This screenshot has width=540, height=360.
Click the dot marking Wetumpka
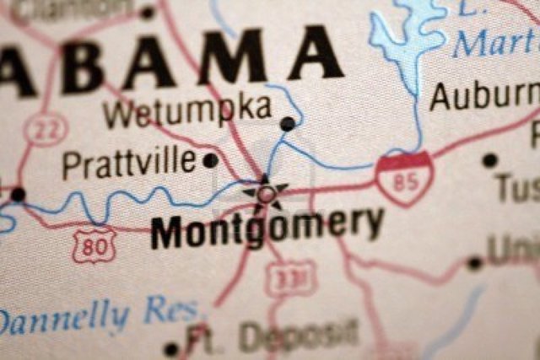click(x=288, y=124)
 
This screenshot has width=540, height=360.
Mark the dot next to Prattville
click(x=211, y=160)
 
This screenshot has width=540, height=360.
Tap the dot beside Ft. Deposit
click(x=171, y=348)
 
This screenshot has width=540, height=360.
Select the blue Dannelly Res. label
click(x=100, y=315)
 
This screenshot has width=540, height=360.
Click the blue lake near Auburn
click(x=408, y=38)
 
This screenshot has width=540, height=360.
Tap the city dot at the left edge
click(x=17, y=195)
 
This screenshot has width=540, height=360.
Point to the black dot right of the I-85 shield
click(x=489, y=160)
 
